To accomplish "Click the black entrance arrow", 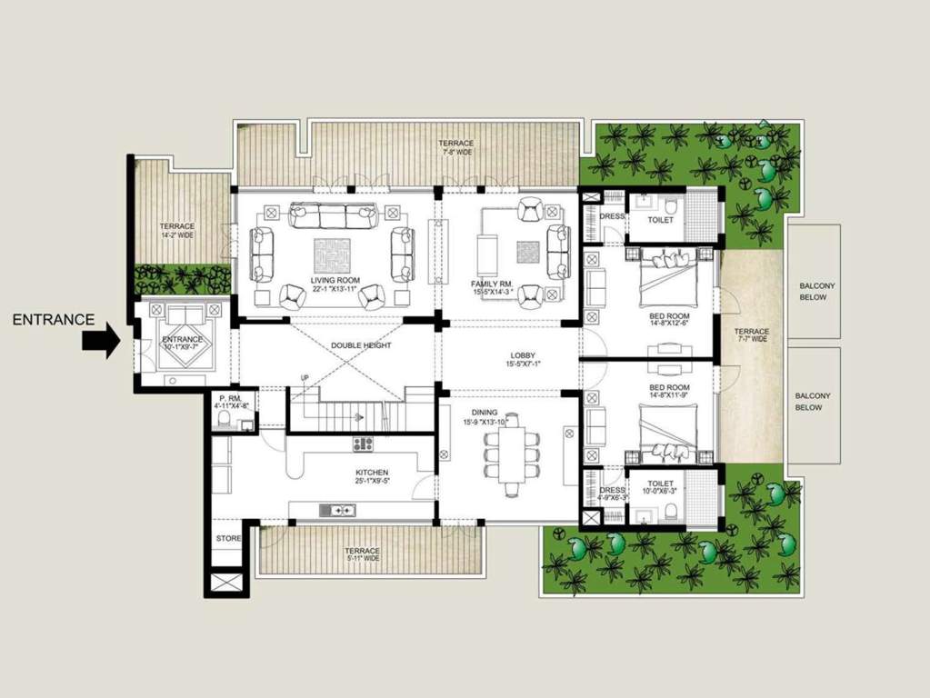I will (100, 342).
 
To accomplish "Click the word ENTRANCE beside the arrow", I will (54, 319).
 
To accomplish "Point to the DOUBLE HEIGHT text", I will (361, 345).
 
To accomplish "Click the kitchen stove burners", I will (364, 444).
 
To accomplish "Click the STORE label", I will (228, 539).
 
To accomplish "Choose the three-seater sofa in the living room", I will (332, 215).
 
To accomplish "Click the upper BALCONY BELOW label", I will (815, 291).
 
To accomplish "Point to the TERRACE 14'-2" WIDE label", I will (177, 231).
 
